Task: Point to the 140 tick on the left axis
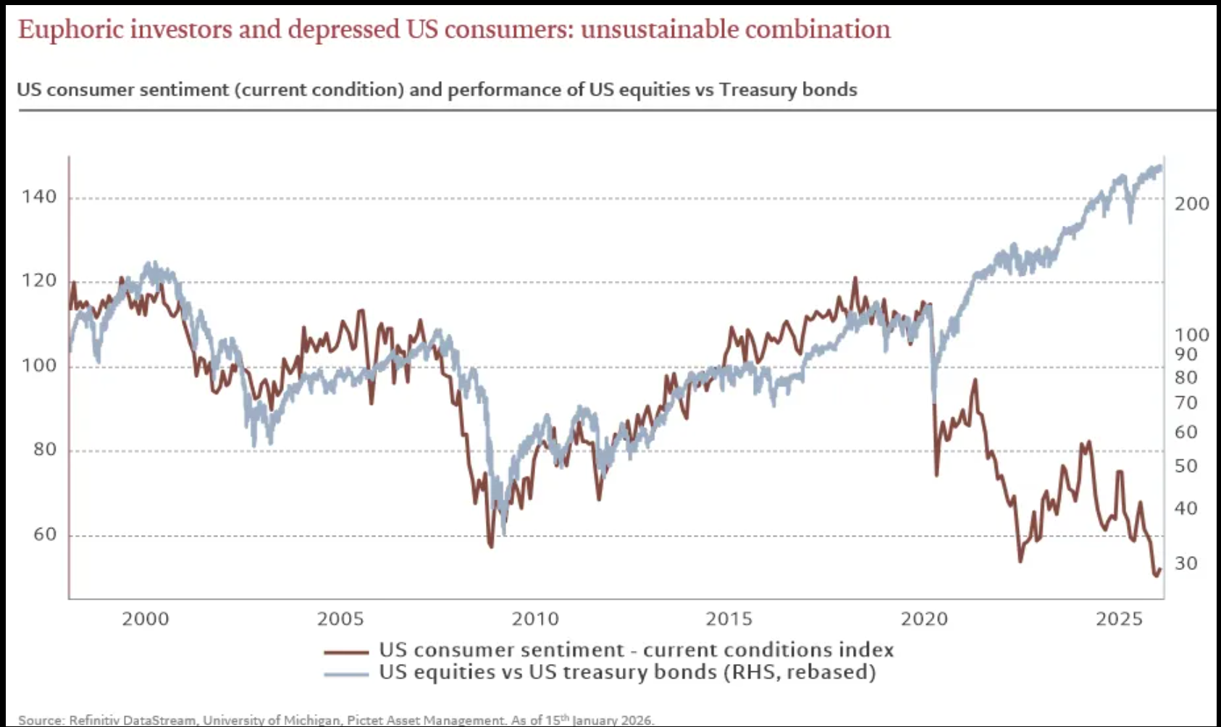[39, 197]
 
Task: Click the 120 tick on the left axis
[39, 281]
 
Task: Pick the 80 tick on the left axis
[44, 450]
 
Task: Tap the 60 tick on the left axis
[44, 534]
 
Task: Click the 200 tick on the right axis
[1191, 204]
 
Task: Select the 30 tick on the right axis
[1186, 563]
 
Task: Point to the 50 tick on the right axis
[1186, 466]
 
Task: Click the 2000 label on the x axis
[145, 619]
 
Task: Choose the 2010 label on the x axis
[535, 619]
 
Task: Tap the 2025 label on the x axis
[1119, 619]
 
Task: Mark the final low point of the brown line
[1156, 576]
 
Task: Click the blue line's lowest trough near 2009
[503, 534]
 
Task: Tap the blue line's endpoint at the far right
[1161, 167]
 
